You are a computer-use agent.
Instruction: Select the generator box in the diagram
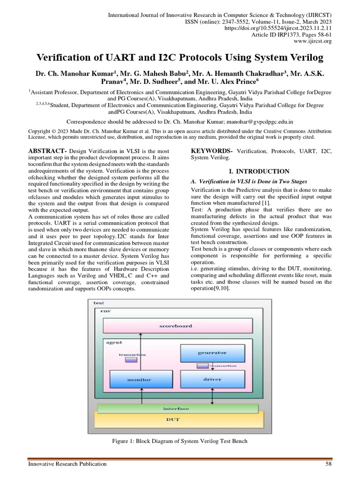(x=212, y=352)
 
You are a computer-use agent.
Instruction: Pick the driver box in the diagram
(x=212, y=379)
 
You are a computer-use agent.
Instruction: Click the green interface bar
(x=176, y=408)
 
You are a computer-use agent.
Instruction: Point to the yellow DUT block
(x=176, y=420)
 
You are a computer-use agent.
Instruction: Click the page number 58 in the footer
(x=328, y=464)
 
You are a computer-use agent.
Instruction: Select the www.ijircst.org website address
(x=312, y=41)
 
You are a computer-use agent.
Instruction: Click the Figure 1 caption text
(x=180, y=441)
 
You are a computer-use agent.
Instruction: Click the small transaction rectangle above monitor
(x=131, y=361)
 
